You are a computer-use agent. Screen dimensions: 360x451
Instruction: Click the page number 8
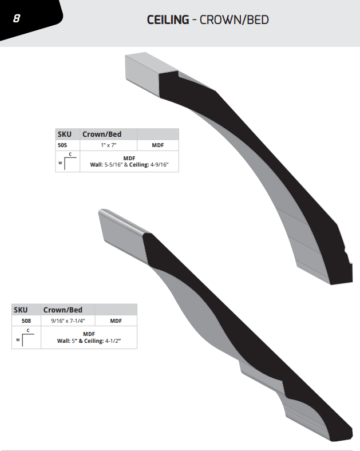(17, 19)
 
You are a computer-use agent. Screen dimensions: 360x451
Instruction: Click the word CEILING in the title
(168, 20)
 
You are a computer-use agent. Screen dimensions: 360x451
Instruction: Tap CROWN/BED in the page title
(234, 20)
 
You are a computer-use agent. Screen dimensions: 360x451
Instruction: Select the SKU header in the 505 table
(65, 134)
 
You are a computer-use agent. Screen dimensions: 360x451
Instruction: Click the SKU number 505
(62, 145)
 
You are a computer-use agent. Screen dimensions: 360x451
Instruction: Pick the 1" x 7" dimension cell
(108, 145)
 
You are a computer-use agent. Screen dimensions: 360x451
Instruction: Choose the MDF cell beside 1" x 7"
(158, 145)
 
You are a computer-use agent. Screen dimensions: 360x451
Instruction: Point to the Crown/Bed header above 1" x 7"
(102, 134)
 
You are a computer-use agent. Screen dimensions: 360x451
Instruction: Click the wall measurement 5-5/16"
(113, 165)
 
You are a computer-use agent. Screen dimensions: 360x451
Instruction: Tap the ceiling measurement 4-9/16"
(159, 165)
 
